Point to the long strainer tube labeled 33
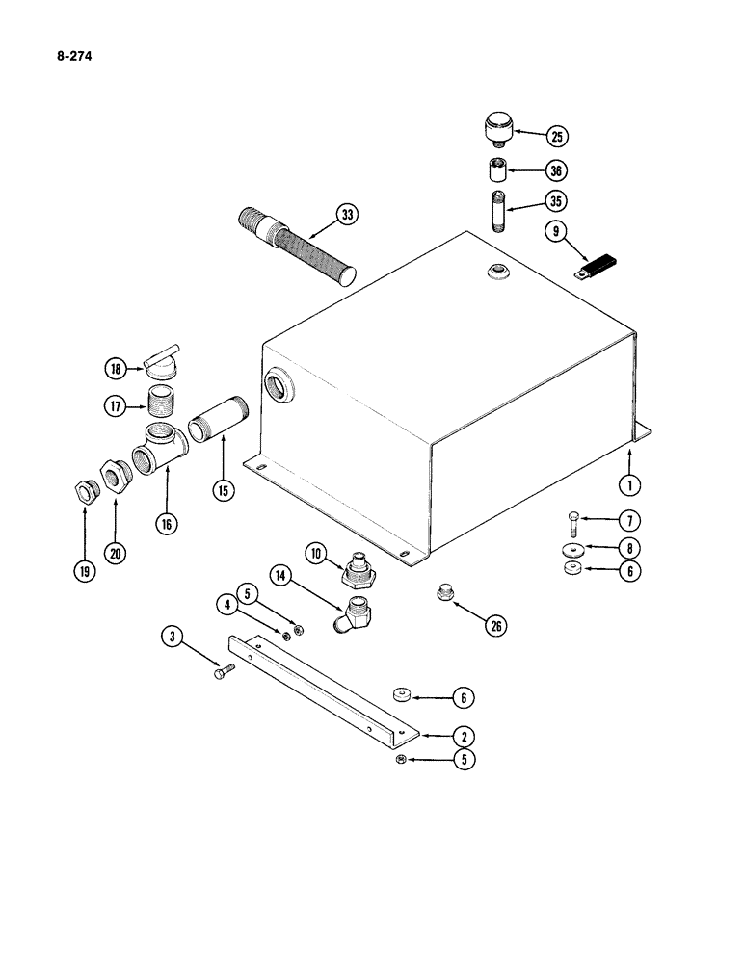click(x=294, y=247)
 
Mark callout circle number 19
click(x=86, y=570)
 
